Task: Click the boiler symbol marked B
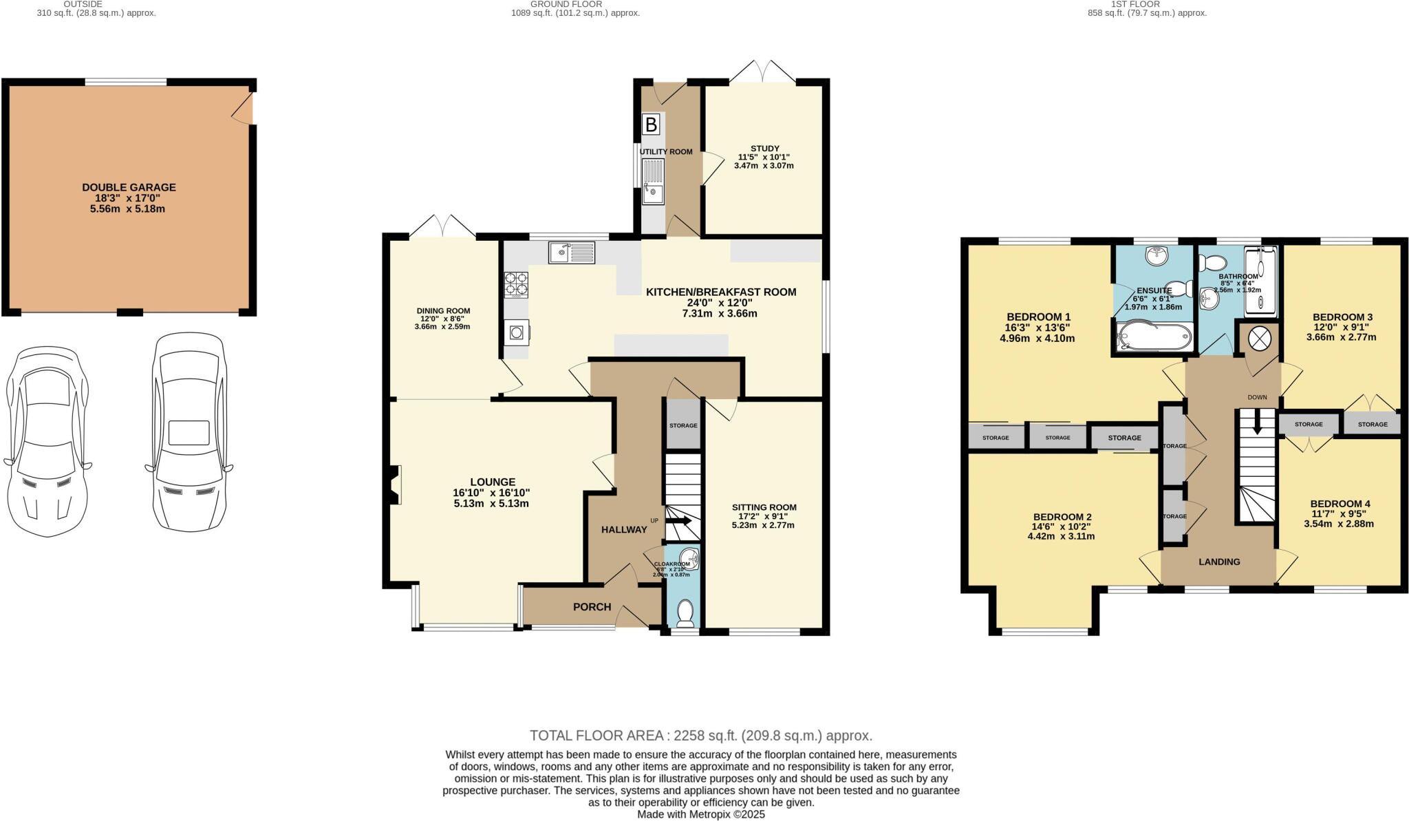650,125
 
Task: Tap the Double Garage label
129,187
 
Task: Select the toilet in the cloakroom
685,612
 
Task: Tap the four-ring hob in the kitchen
517,284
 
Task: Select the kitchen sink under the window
572,253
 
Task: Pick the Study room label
764,149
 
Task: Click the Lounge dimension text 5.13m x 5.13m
491,503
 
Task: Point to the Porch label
592,606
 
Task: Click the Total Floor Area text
700,735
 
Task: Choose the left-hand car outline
47,440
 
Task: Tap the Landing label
1219,562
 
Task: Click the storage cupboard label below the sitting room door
683,425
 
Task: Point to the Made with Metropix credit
700,814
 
